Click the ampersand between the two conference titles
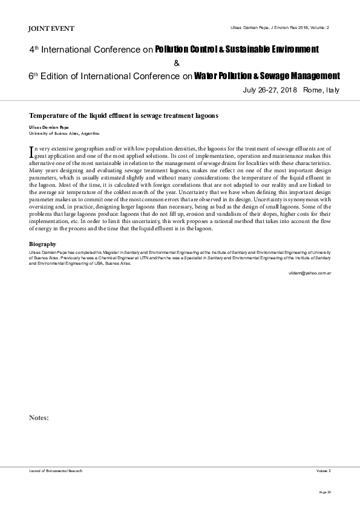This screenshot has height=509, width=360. point(176,63)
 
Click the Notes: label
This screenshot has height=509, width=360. point(39,417)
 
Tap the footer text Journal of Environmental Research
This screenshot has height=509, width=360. point(56,470)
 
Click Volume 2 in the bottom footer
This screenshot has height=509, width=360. point(323,470)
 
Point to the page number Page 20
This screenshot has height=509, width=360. point(325,493)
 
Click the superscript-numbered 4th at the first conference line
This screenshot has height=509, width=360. point(34,49)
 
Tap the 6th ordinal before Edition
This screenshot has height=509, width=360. point(34,76)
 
